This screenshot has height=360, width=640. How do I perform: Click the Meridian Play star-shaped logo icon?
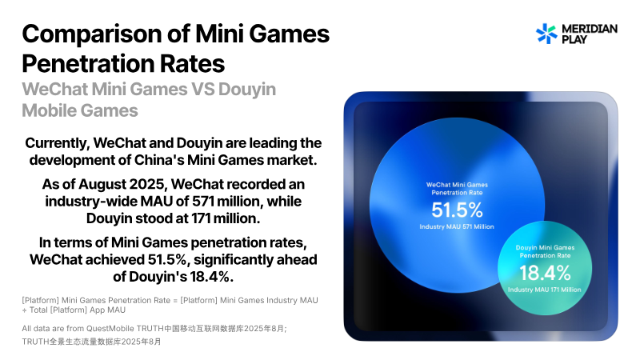[546, 34]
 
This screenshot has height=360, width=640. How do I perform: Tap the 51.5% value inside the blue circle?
[457, 210]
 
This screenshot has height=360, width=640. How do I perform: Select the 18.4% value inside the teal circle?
[545, 273]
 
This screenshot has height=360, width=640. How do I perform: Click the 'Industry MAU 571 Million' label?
[457, 226]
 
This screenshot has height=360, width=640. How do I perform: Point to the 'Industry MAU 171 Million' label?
[545, 290]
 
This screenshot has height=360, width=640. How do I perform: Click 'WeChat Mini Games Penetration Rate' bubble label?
[457, 189]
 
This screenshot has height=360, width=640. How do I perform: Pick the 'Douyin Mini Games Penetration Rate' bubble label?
[545, 251]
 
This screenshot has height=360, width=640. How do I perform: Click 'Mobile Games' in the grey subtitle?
[80, 110]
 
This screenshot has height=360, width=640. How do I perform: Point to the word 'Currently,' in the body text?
[57, 143]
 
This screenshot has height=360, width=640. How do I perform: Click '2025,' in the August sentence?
[148, 185]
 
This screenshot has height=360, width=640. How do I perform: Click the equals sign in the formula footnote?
[175, 301]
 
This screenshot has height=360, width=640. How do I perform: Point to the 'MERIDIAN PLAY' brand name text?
[590, 34]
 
